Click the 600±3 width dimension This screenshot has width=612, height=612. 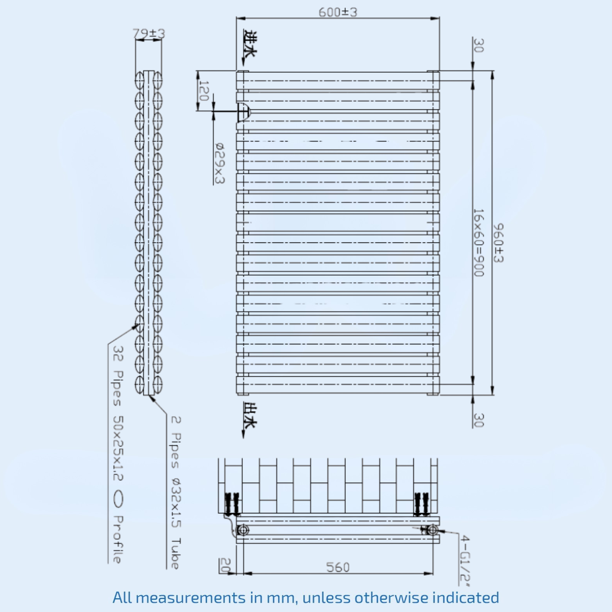(338, 12)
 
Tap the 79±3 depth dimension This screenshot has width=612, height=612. (149, 34)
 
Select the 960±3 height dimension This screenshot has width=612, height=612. (498, 243)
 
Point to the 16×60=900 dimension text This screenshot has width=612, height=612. (479, 243)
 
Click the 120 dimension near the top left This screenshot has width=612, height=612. (204, 91)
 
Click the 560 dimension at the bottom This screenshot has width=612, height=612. (338, 567)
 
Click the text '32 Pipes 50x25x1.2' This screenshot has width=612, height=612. (118, 413)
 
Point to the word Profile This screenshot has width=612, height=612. (118, 539)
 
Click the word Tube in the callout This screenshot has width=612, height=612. (176, 553)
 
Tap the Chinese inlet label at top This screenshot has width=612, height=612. (250, 44)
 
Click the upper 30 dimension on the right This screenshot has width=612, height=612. (479, 46)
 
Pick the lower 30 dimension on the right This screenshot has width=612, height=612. (479, 420)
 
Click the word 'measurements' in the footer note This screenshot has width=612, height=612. (190, 597)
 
